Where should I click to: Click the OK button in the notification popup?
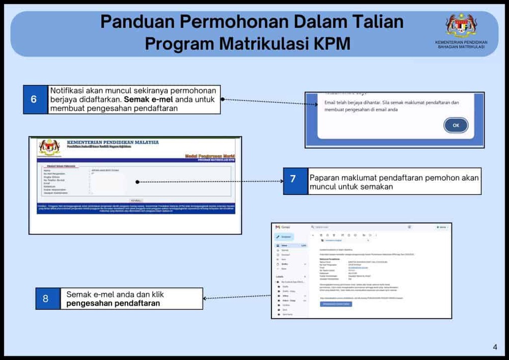coord(456,125)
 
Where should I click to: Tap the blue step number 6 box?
coord(34,99)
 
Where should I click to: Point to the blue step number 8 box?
coord(45,299)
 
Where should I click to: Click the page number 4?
coord(495,347)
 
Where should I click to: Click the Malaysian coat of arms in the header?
coord(461,25)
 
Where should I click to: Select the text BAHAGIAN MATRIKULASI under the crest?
coord(461,47)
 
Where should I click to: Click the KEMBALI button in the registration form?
coord(136,201)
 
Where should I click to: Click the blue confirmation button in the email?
coord(336,304)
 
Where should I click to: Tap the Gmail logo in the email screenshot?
coord(278,227)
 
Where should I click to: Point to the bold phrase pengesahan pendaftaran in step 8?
coord(113,303)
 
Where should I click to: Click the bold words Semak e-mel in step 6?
coord(144,99)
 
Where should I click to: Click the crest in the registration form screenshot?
coord(49,147)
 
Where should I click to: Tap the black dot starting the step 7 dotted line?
coord(137,182)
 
